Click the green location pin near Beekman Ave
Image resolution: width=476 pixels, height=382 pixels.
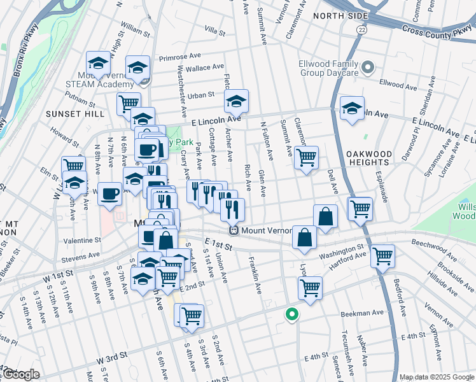(x=292, y=314)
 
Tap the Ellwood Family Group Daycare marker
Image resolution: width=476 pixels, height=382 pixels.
(x=367, y=67)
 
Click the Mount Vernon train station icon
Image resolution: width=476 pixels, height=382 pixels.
(x=234, y=230)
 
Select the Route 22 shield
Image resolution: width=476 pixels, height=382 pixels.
(x=361, y=30)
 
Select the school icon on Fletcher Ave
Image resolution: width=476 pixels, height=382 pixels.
(x=236, y=102)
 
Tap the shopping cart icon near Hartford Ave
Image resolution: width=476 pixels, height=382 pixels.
(x=382, y=256)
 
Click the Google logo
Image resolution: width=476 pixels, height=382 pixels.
(x=21, y=374)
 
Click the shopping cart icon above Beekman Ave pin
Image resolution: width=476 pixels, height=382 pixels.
(x=310, y=287)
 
